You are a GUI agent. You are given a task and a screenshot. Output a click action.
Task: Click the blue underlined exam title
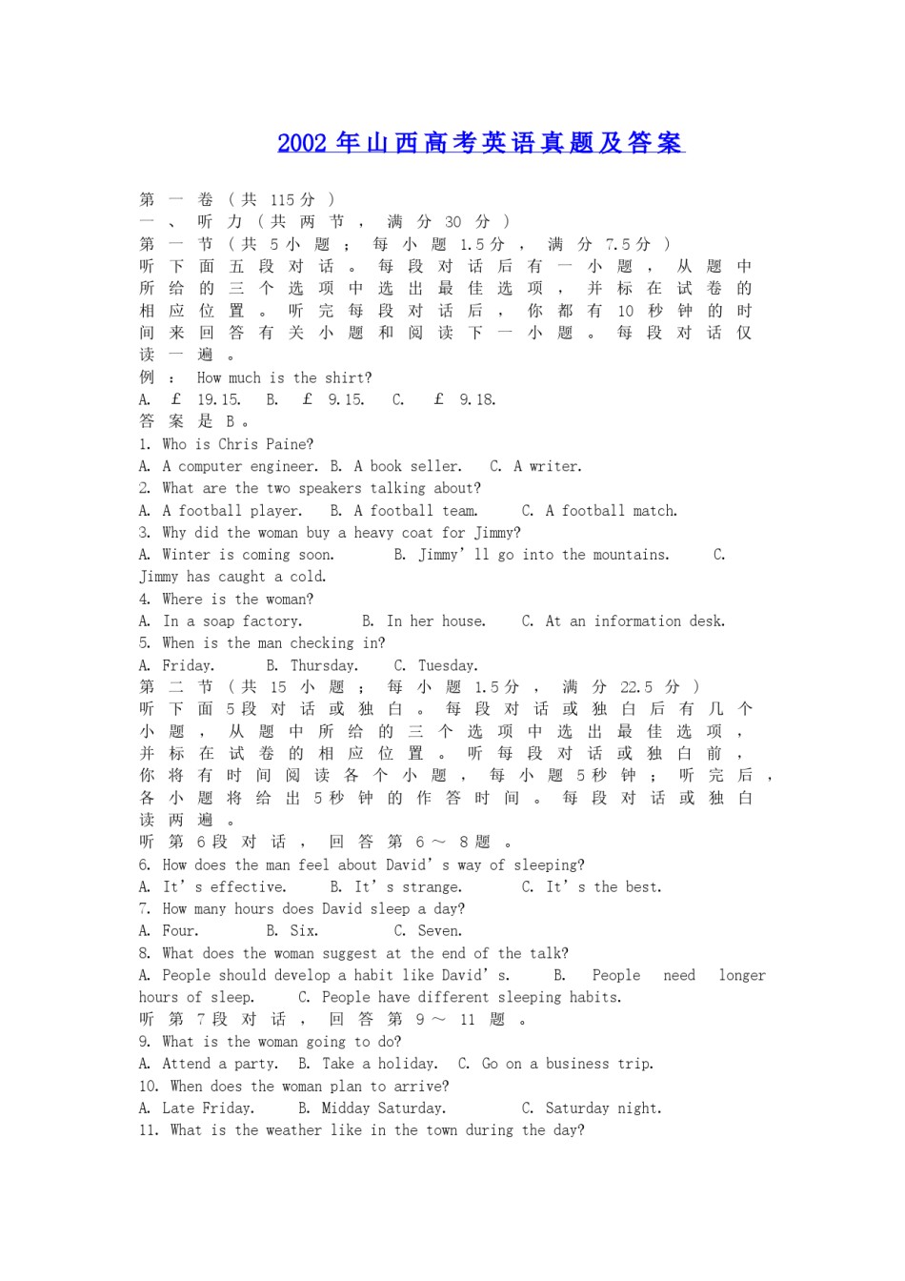(480, 143)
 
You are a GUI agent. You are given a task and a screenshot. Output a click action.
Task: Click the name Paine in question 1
(291, 444)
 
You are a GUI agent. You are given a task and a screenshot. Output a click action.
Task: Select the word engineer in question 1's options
(284, 466)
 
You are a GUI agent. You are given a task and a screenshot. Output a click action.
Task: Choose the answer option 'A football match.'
(611, 511)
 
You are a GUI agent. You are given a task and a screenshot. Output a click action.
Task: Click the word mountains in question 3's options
(622, 555)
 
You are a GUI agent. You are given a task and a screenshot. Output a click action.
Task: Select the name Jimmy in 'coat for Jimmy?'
(496, 533)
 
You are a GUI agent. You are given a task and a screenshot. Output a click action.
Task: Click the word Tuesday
(448, 665)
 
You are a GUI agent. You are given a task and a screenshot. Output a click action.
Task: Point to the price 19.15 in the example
(219, 400)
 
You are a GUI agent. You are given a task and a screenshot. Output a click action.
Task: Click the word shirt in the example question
(349, 378)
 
